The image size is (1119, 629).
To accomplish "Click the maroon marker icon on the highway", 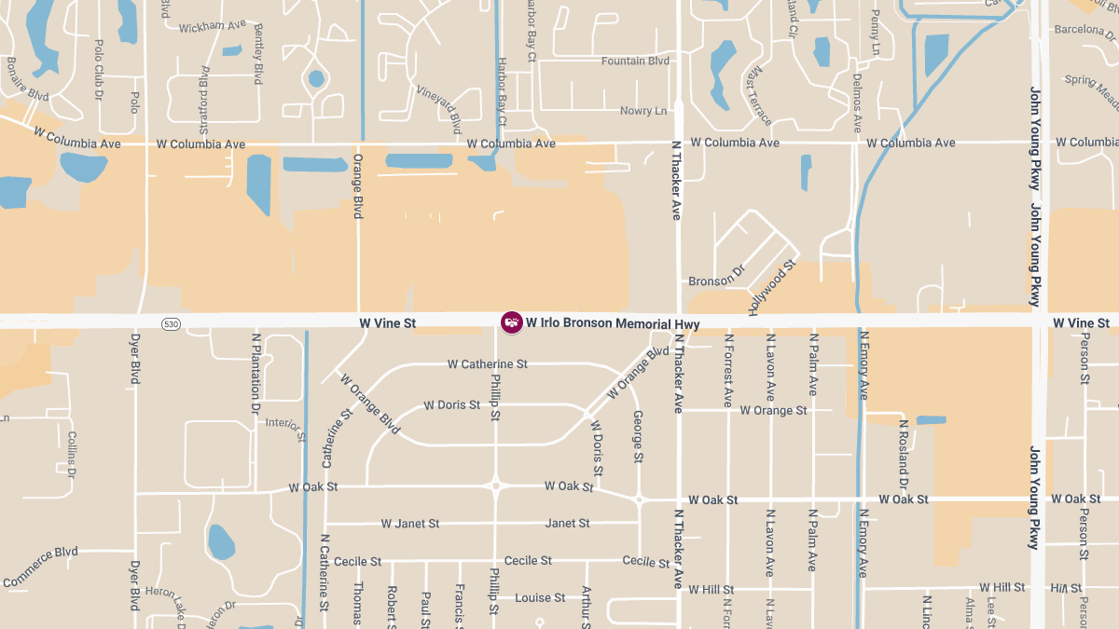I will [x=512, y=322].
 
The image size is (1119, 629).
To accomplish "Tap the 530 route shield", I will [x=170, y=324].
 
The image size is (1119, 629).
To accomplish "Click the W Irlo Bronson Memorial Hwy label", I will [x=613, y=323].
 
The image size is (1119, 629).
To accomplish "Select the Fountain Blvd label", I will [x=635, y=62].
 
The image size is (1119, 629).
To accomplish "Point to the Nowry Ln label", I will [x=643, y=111].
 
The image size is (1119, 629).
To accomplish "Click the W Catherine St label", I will [x=488, y=363].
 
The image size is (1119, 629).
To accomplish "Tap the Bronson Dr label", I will [x=717, y=280].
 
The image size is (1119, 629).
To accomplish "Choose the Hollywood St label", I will [x=771, y=288].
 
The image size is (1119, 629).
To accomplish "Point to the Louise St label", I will [x=540, y=597].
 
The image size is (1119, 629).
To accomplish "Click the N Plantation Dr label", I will [x=256, y=373].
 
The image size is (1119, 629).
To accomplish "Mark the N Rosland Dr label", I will [x=903, y=453].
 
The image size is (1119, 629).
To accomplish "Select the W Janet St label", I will [x=410, y=524].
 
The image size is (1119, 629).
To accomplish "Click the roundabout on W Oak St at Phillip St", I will [x=496, y=485].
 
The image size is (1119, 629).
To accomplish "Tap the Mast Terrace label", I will [x=758, y=96].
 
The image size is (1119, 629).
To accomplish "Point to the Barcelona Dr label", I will [x=1085, y=29].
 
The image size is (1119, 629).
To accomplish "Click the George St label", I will [x=639, y=436].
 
